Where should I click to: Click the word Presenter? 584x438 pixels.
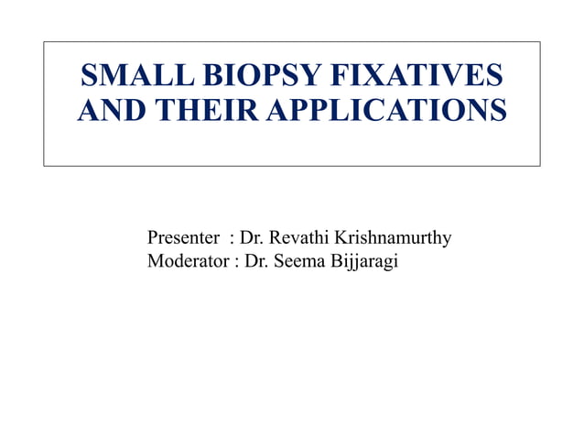[x=183, y=240]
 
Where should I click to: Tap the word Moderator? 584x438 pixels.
[x=189, y=263]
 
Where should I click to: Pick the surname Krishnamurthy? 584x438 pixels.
[x=393, y=241]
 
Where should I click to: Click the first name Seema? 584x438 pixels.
[x=299, y=263]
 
